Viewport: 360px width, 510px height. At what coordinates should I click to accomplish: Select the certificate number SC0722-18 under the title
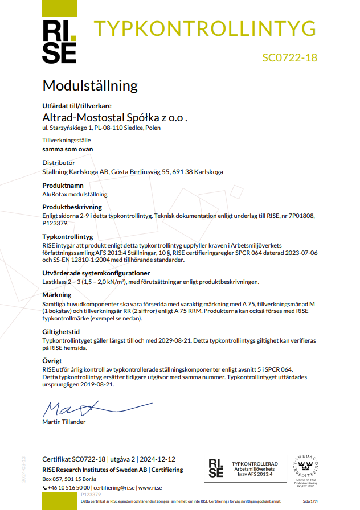click(x=289, y=57)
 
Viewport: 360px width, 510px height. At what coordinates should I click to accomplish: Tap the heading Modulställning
click(x=90, y=86)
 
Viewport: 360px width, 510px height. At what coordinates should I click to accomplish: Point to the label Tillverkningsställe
click(x=67, y=140)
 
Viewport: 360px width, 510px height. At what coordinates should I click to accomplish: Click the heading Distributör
click(x=59, y=163)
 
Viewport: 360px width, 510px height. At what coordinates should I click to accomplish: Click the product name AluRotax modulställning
click(x=75, y=194)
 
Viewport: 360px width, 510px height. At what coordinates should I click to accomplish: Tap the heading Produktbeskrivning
click(x=72, y=208)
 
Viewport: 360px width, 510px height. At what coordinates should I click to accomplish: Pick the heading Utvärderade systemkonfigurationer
click(x=96, y=273)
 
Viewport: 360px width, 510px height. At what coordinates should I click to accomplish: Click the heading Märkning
click(x=57, y=295)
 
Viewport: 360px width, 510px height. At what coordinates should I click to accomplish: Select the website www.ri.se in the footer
click(x=150, y=488)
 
